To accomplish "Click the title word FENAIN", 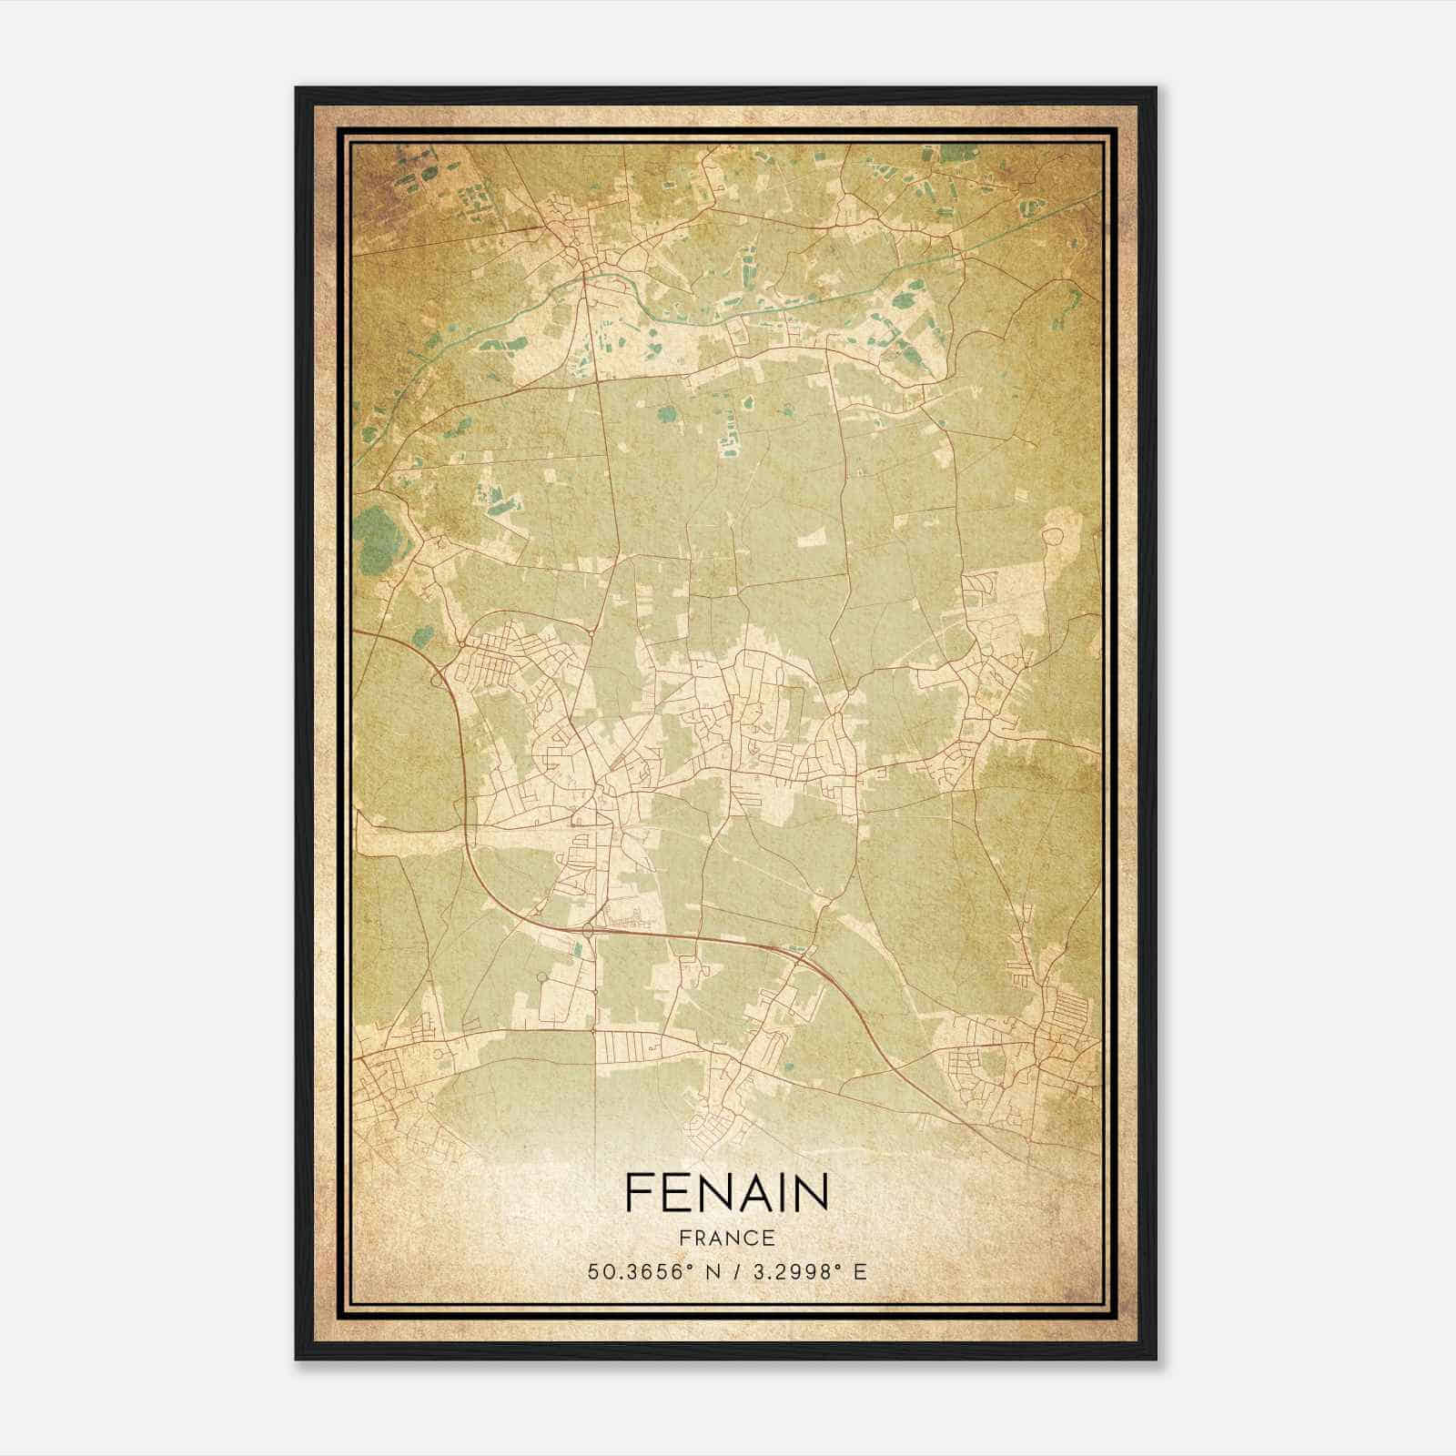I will coord(726,1192).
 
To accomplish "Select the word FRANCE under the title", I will coord(726,1238).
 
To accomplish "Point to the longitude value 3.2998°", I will coord(791,1272).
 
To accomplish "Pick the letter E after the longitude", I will coord(860,1272).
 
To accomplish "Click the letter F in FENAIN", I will coord(638,1192).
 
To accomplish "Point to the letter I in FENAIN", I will coord(783,1192).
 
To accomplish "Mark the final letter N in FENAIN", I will coord(813,1192).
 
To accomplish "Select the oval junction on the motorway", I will coord(589,930).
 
